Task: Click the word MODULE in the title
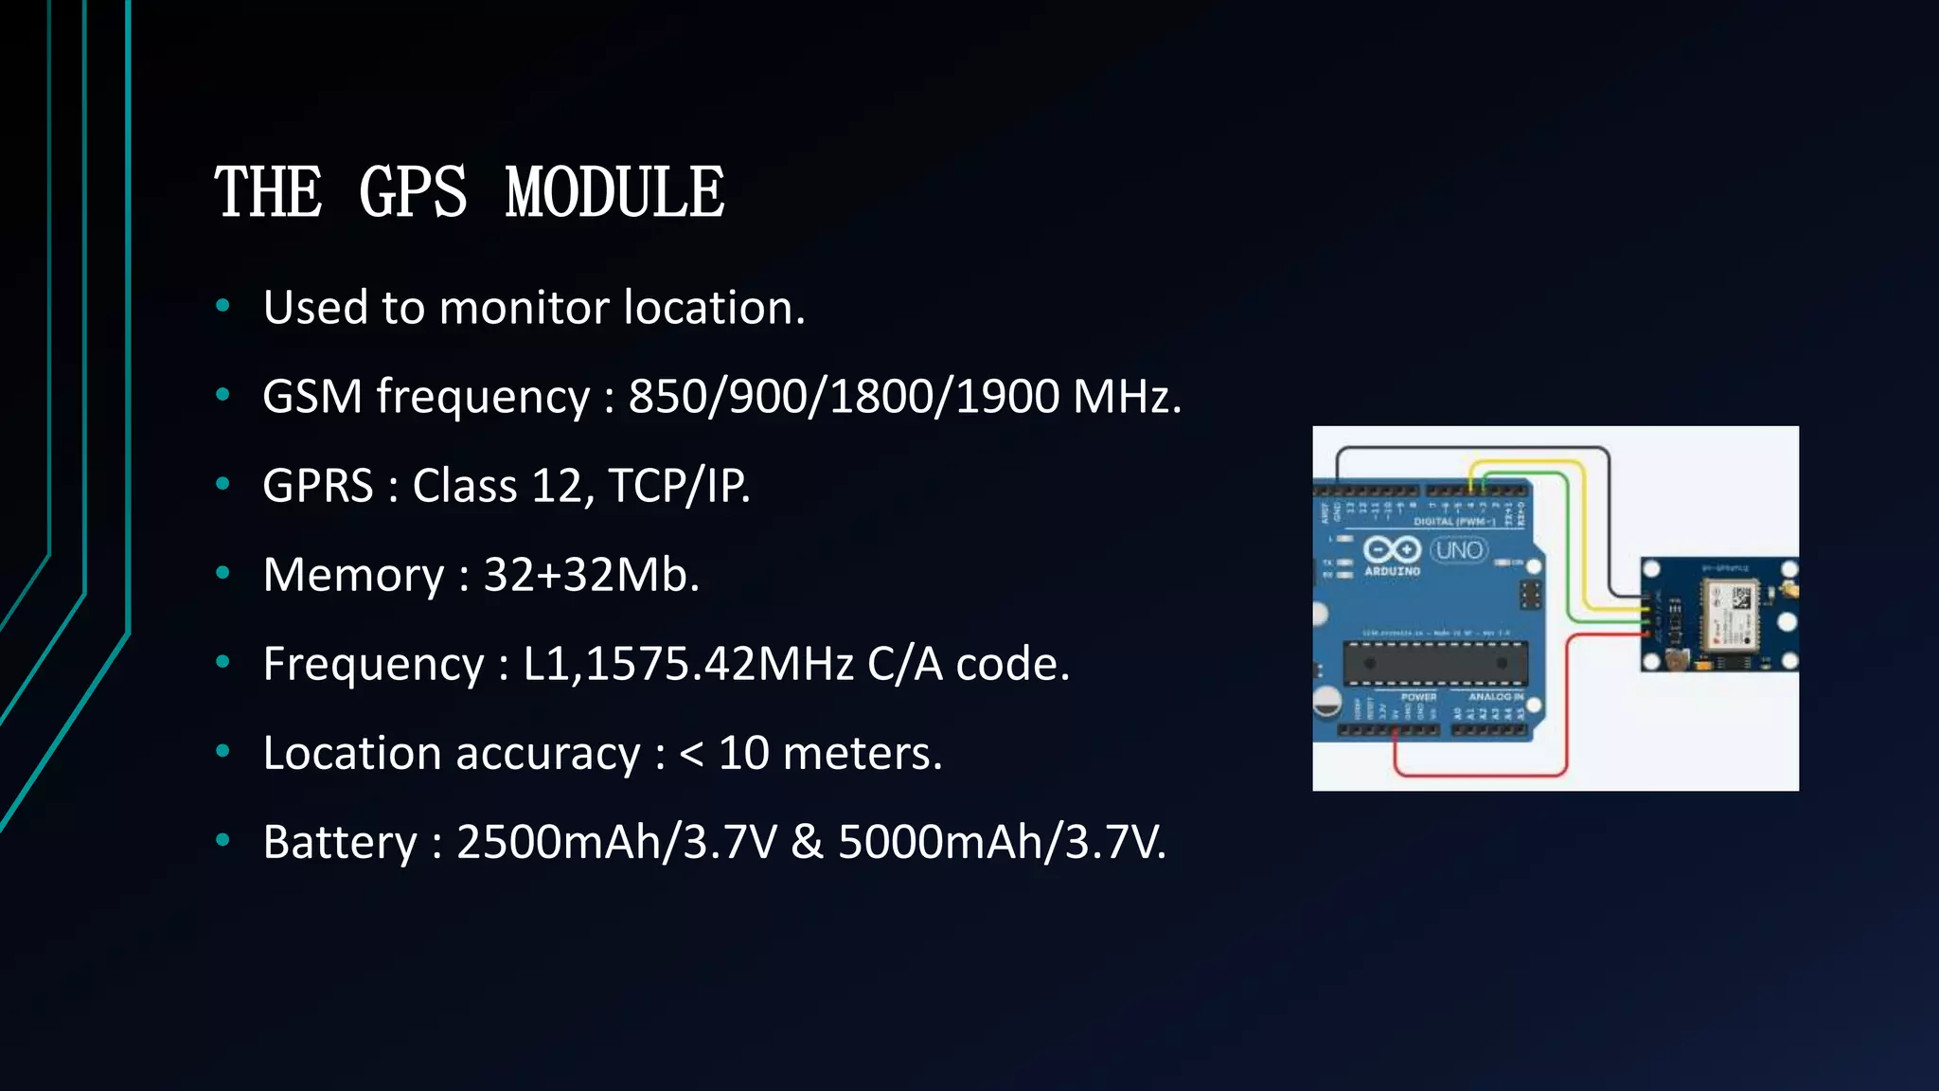tap(615, 192)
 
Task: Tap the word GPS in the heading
tap(413, 192)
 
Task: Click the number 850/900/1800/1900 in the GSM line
tap(844, 396)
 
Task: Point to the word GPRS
tap(318, 486)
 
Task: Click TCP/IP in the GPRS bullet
tap(678, 486)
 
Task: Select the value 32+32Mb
tap(591, 575)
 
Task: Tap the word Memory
tap(353, 575)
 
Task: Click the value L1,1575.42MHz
tap(688, 664)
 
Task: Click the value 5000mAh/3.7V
tap(1002, 842)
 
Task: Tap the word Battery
tap(340, 842)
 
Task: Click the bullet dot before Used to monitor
tap(223, 306)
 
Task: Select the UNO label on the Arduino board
tap(1459, 550)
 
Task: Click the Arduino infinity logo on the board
tap(1392, 549)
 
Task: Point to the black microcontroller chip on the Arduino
tap(1435, 663)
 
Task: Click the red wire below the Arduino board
tap(1477, 775)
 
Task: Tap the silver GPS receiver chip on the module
tap(1729, 615)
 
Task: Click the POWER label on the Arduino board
tap(1418, 697)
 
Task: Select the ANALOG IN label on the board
tap(1496, 697)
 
